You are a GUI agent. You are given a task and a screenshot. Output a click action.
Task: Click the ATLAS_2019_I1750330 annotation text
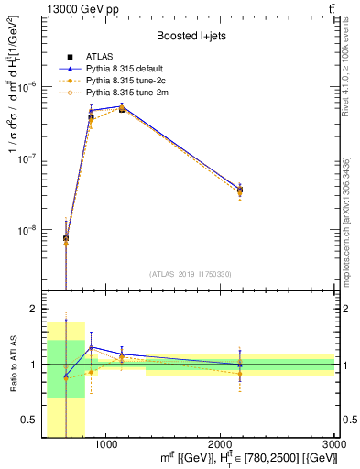pos(191,273)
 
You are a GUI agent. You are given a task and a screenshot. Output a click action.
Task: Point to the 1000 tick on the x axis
pos(105,444)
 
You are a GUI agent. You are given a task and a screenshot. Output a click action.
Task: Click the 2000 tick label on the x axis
pos(220,444)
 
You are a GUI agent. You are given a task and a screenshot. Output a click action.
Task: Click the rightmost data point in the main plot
pos(240,191)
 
